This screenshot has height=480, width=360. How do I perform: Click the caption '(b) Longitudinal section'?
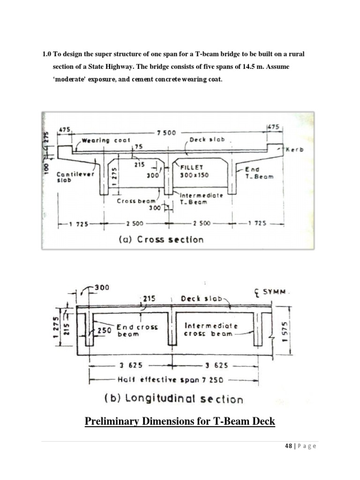(x=173, y=399)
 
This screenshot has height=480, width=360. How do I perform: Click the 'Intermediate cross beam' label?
(x=211, y=329)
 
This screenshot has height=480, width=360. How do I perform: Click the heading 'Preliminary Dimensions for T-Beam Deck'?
(x=180, y=422)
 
